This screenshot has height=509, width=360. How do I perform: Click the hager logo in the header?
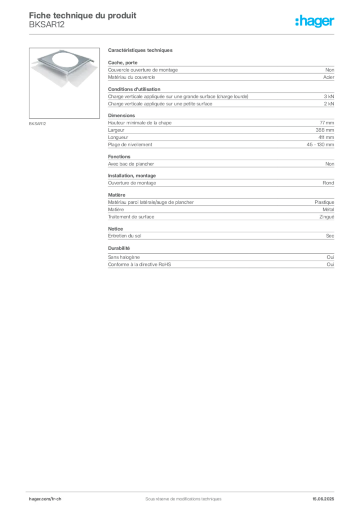(x=315, y=21)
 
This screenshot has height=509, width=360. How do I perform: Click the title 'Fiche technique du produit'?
(x=83, y=15)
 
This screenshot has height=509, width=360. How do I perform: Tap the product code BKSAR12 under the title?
(x=47, y=25)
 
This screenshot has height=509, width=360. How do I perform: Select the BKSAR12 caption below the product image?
(x=37, y=124)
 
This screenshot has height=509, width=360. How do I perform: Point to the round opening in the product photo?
(x=69, y=60)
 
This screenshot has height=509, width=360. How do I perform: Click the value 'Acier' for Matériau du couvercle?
(x=329, y=77)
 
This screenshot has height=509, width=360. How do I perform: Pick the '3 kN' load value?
(x=329, y=96)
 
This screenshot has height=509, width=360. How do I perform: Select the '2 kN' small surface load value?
(x=329, y=104)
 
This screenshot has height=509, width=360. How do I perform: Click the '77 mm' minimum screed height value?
(x=327, y=123)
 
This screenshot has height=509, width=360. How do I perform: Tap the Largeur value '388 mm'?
(x=325, y=130)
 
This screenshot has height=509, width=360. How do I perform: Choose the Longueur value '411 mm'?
(x=326, y=137)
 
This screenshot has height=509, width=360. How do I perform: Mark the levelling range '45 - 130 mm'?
(x=320, y=145)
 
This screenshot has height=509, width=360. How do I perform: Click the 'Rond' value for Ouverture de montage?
(x=328, y=183)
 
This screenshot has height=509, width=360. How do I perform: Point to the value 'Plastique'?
(x=324, y=202)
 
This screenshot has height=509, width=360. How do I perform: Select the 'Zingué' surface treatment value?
(x=327, y=217)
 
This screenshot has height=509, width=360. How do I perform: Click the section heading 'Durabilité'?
(x=119, y=249)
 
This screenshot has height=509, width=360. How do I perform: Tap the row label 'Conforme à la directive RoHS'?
(x=139, y=264)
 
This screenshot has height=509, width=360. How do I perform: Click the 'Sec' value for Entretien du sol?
(x=330, y=236)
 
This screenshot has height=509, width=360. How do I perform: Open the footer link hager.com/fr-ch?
(x=45, y=499)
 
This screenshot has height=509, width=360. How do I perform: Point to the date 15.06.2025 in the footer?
(x=323, y=499)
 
